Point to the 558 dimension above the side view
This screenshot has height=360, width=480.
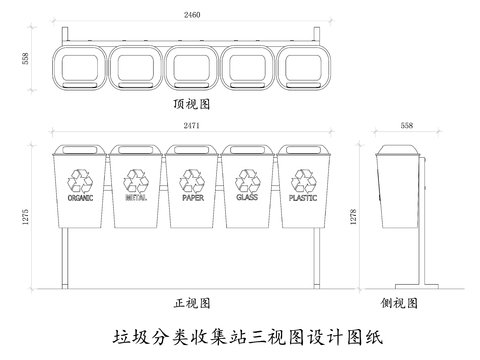coord(406,127)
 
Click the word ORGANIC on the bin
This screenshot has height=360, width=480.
coord(80,198)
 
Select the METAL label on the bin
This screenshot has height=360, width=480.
coord(136,198)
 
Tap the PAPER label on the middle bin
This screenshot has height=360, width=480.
coord(192,198)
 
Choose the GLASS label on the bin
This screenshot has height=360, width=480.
coord(247,198)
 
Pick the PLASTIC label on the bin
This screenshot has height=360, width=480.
coord(303,198)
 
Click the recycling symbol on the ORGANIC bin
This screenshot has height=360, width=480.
coord(80,180)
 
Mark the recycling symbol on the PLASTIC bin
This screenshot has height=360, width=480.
coord(303,180)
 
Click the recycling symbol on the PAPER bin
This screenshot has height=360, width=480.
coord(192,180)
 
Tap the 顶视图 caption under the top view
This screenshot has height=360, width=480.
coord(190,102)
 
